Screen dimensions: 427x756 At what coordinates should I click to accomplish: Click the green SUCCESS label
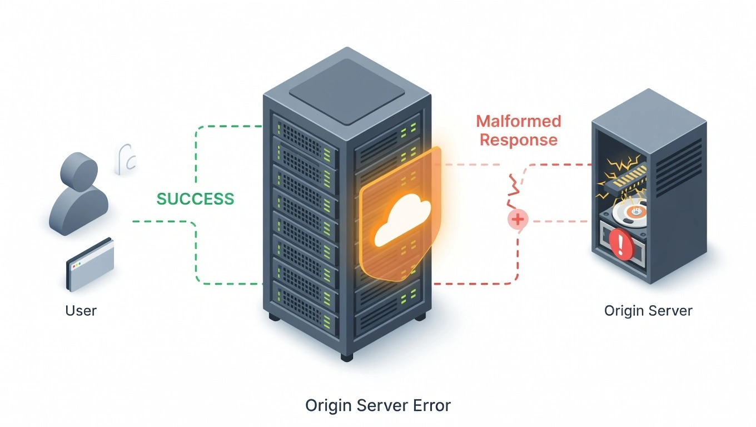pos(195,199)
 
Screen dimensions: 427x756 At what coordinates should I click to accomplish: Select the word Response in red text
pos(519,140)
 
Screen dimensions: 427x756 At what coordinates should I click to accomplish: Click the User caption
pos(81,310)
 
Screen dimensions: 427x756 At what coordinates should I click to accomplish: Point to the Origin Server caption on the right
pos(648,310)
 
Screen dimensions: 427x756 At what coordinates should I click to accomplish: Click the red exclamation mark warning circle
pos(621,245)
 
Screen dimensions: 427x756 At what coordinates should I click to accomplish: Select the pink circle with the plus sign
pos(518,220)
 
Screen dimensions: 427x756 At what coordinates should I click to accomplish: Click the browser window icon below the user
pos(90,265)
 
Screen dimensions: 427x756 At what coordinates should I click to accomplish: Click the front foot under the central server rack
pos(346,356)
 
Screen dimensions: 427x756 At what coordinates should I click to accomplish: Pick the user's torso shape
pos(78,211)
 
